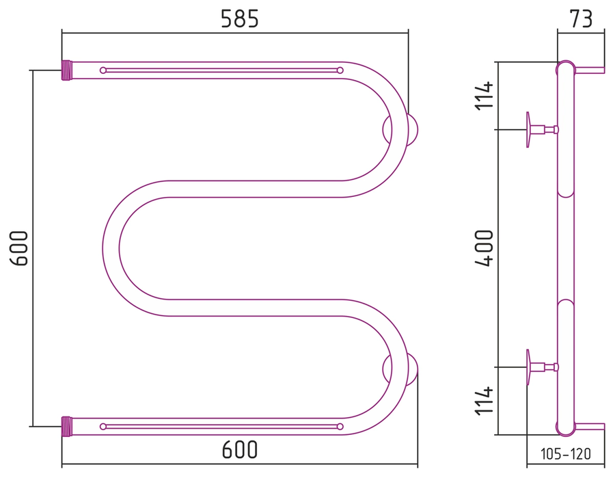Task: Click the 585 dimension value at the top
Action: (240, 19)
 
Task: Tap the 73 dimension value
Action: (581, 19)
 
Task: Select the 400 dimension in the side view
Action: (484, 248)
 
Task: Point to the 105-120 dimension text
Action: (565, 454)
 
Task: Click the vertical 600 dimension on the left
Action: (19, 248)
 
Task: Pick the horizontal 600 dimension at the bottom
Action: (240, 450)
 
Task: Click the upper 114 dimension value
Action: (484, 95)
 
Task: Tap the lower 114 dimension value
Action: (484, 400)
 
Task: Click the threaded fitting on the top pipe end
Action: (66, 70)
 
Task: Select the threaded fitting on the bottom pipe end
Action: (66, 427)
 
